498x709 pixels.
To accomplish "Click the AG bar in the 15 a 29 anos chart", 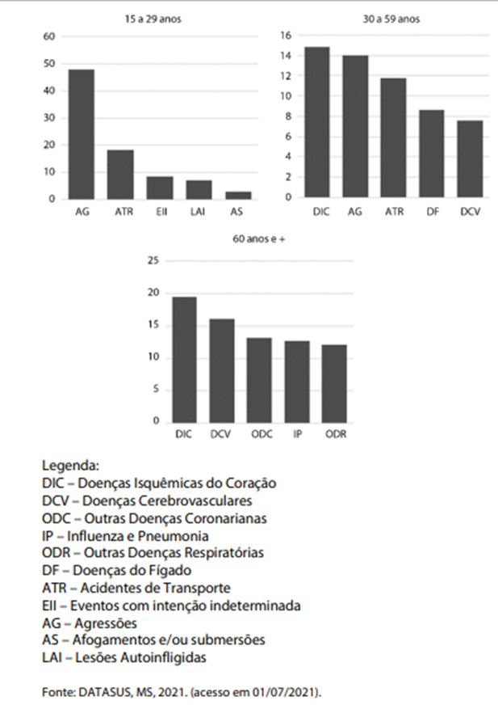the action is point(82,134).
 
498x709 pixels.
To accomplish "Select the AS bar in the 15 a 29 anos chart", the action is point(238,196).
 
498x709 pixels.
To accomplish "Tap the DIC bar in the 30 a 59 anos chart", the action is point(317,122).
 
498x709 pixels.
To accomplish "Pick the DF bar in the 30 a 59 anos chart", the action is point(431,154).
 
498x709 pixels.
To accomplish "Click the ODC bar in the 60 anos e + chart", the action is point(259,380).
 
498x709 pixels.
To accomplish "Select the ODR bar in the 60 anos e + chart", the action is point(334,384).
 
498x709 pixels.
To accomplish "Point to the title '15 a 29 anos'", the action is point(153,19).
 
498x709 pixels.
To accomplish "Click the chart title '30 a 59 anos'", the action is point(391,19).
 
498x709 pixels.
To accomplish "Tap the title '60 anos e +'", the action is point(259,238).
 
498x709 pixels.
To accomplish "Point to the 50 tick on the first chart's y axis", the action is point(49,64).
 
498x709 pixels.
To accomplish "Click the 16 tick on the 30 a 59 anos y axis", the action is point(286,36).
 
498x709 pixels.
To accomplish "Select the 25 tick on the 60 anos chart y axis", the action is point(153,261).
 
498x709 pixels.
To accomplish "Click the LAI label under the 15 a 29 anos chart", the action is point(198,212).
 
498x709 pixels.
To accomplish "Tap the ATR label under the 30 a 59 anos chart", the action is point(394,212).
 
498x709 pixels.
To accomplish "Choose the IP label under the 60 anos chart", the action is point(297,434).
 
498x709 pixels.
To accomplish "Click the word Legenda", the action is point(70,466).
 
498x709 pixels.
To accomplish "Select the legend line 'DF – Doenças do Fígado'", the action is point(116,571).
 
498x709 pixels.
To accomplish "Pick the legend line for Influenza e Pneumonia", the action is point(125,536).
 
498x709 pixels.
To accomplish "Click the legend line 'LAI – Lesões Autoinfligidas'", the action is point(124,657).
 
